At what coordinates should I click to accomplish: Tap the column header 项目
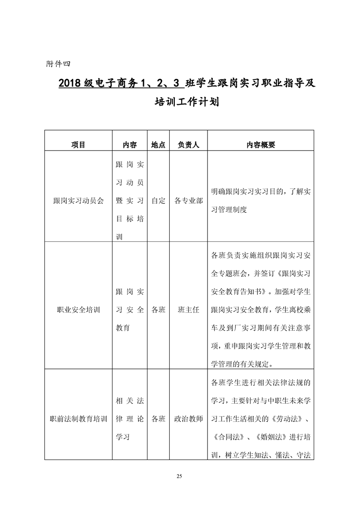point(78,145)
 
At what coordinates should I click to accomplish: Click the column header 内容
point(130,145)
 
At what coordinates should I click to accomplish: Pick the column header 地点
point(158,145)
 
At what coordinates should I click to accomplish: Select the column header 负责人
point(188,145)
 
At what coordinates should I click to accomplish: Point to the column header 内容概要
point(261,145)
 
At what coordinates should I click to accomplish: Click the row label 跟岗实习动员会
point(78,201)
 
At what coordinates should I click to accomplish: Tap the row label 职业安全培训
point(78,310)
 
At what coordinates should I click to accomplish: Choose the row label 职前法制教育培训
point(78,419)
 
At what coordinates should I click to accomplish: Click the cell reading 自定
point(158,201)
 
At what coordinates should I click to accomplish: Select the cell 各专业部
point(188,201)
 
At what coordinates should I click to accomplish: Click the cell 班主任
point(188,310)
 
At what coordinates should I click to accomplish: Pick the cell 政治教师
point(188,419)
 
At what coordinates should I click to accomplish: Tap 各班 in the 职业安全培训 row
point(158,310)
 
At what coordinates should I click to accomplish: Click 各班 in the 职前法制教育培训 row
point(158,419)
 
